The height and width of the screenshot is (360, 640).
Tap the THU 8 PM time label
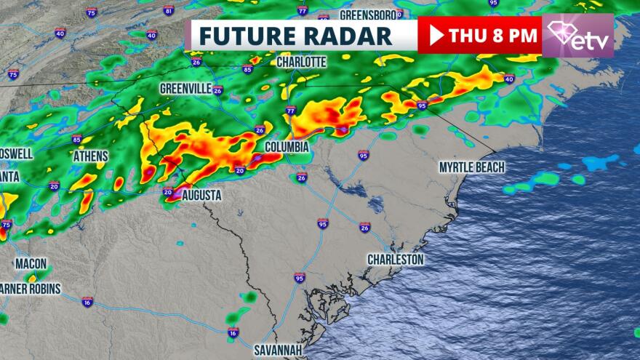492,34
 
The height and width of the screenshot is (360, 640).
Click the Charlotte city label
301,62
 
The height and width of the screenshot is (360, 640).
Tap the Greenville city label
185,88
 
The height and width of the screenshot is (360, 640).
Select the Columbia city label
287,147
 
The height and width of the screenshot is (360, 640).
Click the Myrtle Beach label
471,167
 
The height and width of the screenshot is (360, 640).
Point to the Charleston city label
395,259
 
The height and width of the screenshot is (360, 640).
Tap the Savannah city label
278,350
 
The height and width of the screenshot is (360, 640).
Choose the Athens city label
90,156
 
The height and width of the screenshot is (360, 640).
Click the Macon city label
31,263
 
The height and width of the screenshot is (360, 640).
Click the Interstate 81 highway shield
169,11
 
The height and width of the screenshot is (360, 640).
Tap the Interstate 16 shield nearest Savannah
233,333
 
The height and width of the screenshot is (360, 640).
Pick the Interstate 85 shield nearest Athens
77,139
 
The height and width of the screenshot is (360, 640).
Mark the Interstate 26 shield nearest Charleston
364,228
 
